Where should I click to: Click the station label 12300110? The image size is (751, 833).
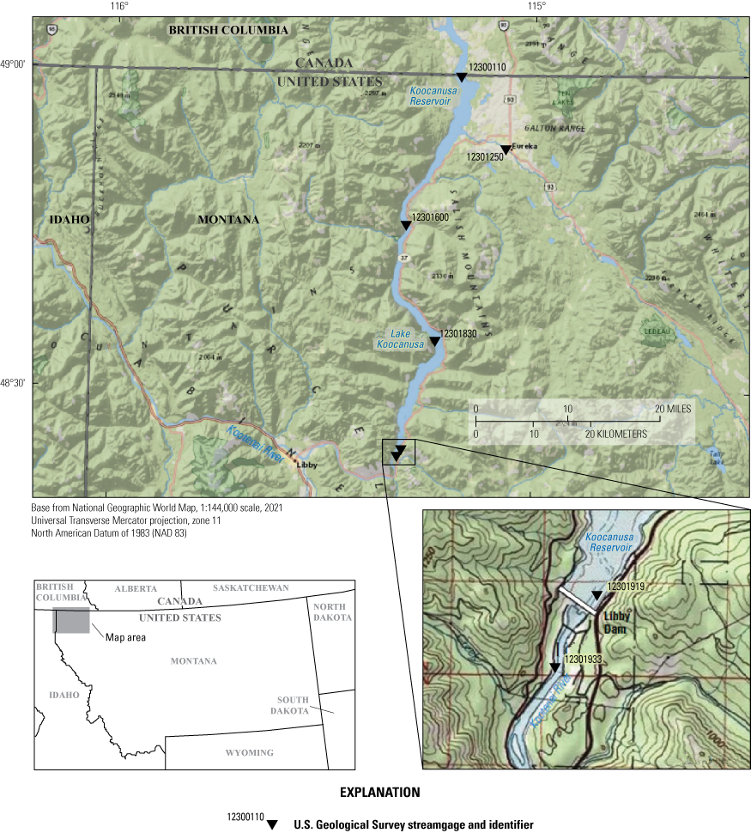coord(488,67)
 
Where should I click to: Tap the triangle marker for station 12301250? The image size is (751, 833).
coord(506,150)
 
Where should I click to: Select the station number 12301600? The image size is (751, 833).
coord(431,217)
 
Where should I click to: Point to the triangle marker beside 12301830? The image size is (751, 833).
coord(434,342)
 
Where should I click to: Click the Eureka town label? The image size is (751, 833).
coord(524,147)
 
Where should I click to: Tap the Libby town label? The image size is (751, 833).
coord(306,464)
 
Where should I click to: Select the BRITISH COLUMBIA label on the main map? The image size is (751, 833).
coord(228,29)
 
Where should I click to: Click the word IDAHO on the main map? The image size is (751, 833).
coord(70,220)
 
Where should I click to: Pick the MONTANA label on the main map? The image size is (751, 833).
coord(228,220)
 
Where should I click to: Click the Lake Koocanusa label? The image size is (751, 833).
coord(400,339)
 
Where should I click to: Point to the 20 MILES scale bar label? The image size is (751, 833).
coord(674,409)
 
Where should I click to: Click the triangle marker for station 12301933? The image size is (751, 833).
coord(554,667)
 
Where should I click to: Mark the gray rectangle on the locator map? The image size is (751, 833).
coord(71,621)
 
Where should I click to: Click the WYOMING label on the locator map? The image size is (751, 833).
coord(249,753)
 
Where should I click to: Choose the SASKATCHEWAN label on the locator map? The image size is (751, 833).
coord(251,588)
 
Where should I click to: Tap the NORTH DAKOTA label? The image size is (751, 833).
coord(332,612)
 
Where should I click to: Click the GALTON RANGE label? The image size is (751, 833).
coord(562,128)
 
